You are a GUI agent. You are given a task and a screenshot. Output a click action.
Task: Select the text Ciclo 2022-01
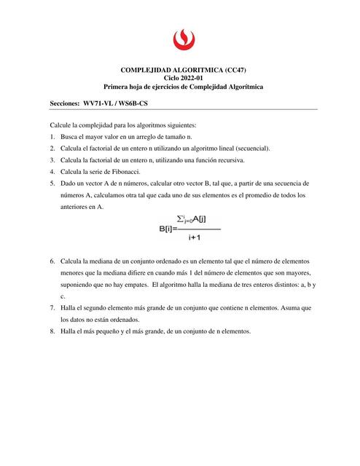pos(180,78)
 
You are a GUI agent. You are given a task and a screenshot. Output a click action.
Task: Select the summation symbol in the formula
pos(182,218)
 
